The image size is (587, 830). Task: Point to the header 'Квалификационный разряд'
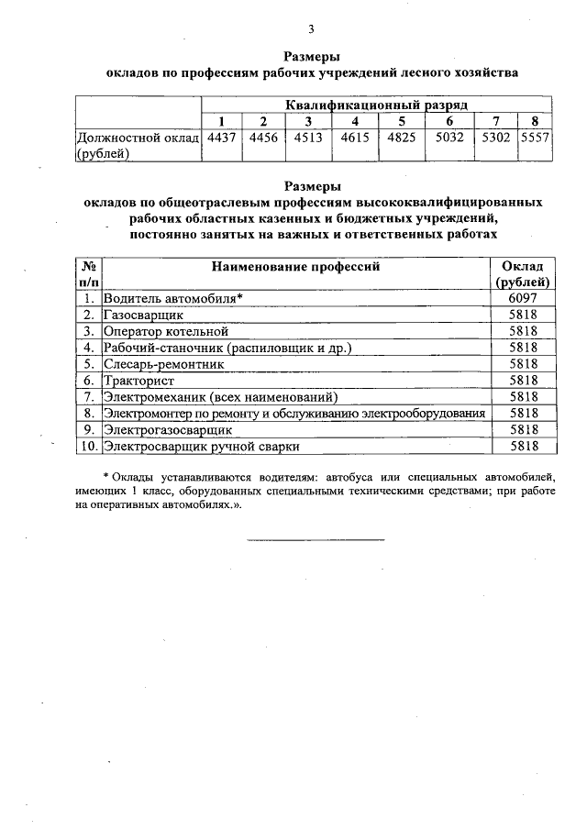point(376,106)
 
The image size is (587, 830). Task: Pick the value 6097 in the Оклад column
point(521,298)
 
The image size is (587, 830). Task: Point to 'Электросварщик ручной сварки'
point(201,447)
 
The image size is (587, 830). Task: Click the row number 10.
point(88,447)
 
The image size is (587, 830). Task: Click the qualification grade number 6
point(449,123)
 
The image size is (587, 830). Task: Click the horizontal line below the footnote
point(316,539)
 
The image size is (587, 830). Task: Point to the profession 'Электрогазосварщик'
point(169,430)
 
